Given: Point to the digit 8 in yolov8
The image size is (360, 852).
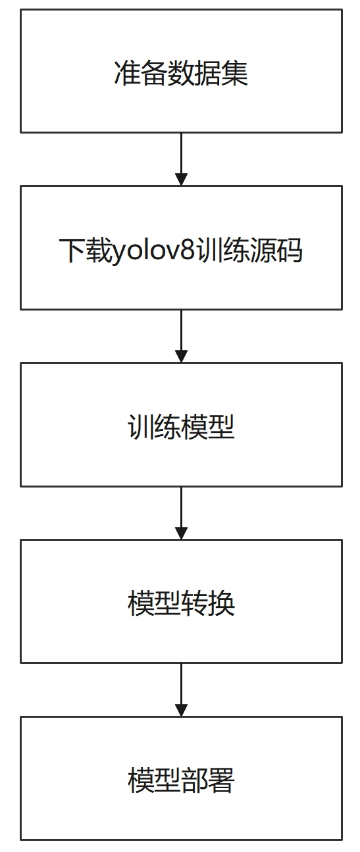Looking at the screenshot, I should point(189,250).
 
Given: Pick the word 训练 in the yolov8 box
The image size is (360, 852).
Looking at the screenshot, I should point(222,249).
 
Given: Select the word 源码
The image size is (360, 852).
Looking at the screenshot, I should point(276,249).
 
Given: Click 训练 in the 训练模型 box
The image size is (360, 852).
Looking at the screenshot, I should point(153,426).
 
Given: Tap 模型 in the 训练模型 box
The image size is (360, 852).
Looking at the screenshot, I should point(208,426).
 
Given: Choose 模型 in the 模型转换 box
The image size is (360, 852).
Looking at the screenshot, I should point(153,603).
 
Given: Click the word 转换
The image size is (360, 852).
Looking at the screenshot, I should point(208,603).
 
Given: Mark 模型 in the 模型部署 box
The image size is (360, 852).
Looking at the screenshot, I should point(153,780).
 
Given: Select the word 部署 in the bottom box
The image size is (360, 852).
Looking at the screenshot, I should point(208,780).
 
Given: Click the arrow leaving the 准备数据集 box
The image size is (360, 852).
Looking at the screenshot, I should point(181,159).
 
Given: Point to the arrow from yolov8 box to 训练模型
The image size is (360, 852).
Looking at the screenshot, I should point(181,336).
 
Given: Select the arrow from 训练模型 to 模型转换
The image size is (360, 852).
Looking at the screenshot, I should point(181,513).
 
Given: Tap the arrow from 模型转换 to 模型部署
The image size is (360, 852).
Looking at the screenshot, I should point(181,689).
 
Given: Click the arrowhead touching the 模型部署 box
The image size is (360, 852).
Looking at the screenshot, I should point(181,710).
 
